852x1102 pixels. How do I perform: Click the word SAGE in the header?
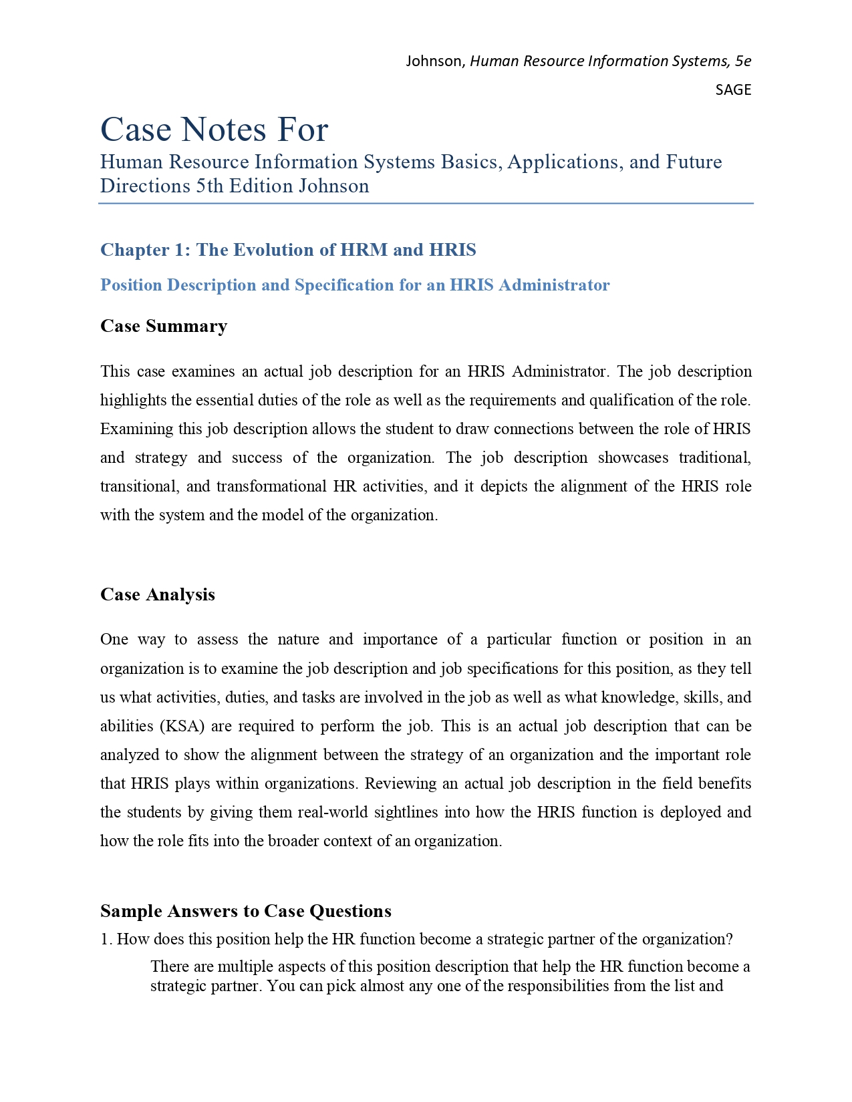click(x=732, y=89)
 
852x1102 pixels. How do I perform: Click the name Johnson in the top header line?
click(x=434, y=61)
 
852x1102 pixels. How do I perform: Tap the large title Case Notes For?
click(x=214, y=129)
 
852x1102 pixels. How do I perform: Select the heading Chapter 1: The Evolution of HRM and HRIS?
click(x=288, y=250)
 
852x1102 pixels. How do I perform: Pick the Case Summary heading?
click(x=164, y=326)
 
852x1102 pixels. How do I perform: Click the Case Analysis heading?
click(x=158, y=594)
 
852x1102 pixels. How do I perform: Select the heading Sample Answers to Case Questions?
click(x=246, y=911)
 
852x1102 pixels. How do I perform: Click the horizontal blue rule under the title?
click(x=426, y=203)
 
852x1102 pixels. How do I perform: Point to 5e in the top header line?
click(x=742, y=61)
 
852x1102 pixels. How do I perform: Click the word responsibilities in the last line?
click(x=558, y=986)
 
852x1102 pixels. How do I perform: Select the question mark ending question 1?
click(x=730, y=940)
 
